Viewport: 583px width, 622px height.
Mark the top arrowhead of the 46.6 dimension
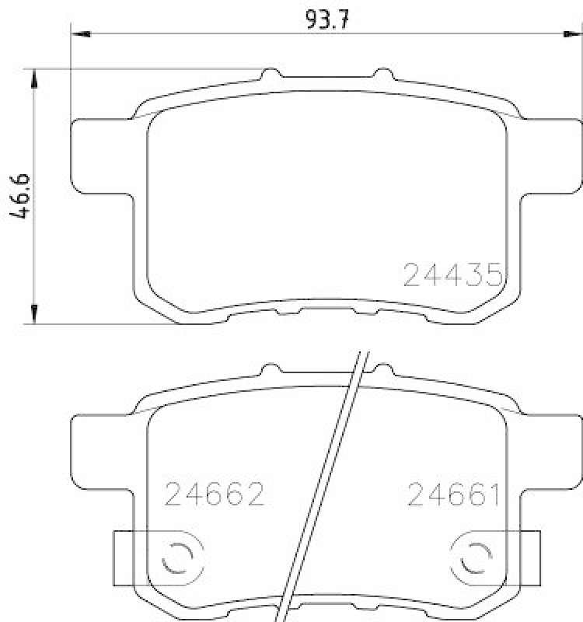click(x=34, y=76)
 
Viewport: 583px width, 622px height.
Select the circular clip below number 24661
click(x=472, y=556)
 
